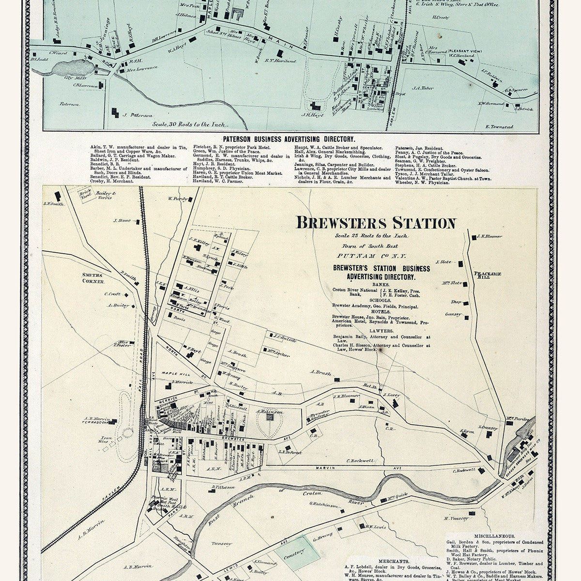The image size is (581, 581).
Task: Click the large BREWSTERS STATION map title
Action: (x=376, y=223)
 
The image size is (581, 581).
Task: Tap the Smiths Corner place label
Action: (x=94, y=278)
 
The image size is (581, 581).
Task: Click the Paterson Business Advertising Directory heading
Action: (x=289, y=138)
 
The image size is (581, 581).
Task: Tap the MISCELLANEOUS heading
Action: (x=494, y=536)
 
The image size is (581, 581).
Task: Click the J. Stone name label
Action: (x=122, y=221)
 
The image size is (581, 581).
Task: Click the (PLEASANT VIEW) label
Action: (x=464, y=51)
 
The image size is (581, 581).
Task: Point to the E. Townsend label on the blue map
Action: (x=499, y=127)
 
